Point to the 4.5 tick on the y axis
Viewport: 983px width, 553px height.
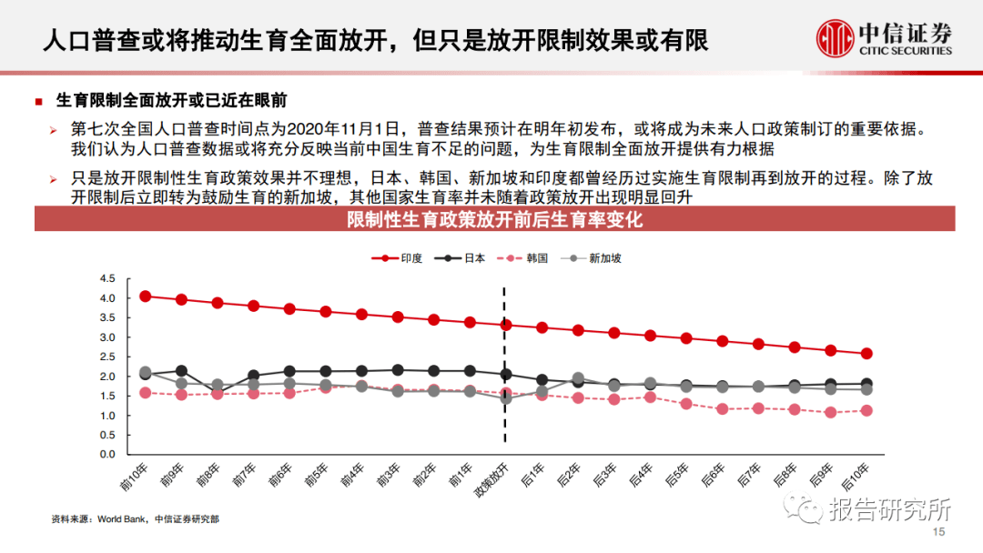point(108,278)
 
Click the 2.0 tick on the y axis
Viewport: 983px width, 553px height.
point(108,377)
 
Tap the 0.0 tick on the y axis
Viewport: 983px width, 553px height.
point(108,455)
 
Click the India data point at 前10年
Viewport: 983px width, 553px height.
point(146,297)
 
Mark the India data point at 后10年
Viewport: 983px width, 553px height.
point(866,354)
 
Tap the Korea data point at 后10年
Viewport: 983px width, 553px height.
point(866,410)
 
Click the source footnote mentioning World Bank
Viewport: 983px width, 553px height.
point(135,519)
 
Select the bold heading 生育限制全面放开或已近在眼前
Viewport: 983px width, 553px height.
point(172,100)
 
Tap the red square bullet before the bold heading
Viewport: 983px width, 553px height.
point(38,101)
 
